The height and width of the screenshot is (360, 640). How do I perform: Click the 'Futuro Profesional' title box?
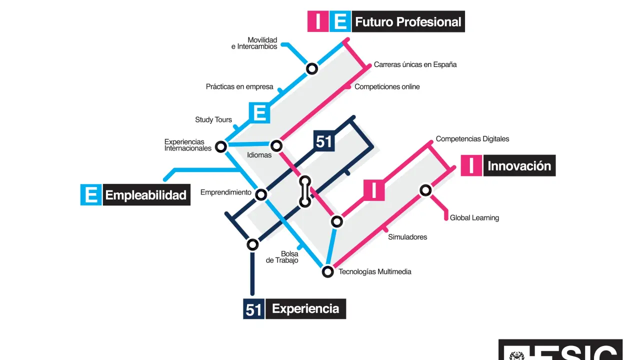(408, 22)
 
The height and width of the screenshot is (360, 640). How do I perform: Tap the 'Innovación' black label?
(519, 166)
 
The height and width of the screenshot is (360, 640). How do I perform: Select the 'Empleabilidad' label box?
(145, 195)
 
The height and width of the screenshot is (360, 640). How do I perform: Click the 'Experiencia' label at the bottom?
(305, 309)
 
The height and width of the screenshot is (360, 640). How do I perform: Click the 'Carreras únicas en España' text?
(415, 64)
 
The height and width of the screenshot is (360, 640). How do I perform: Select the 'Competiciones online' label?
(387, 87)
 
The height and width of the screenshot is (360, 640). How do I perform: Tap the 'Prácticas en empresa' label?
(239, 87)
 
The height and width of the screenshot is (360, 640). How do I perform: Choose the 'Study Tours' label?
(213, 120)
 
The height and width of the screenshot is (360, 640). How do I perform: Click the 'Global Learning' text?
(474, 218)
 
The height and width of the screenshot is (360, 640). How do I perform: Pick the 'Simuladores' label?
(407, 237)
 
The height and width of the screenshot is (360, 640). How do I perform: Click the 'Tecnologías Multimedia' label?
(375, 272)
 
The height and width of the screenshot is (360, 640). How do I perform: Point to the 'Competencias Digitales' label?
(472, 139)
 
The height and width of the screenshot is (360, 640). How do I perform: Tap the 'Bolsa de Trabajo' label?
(282, 257)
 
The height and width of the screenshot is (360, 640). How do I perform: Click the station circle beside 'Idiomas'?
(276, 145)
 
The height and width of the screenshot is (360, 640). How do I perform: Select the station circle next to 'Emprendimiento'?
(261, 194)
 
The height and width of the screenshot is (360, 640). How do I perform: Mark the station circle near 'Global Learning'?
(425, 190)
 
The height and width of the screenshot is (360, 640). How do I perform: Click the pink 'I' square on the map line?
(374, 190)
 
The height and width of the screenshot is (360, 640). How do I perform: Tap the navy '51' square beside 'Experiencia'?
(253, 309)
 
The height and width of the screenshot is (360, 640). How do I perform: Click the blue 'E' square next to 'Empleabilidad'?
(91, 195)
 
